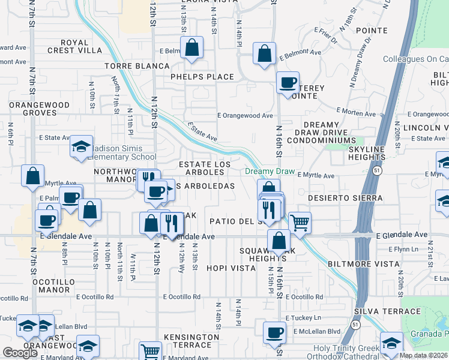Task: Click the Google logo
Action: (20, 353)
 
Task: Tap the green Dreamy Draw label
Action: (270, 172)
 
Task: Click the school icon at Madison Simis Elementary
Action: (80, 147)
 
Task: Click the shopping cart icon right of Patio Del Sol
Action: (300, 223)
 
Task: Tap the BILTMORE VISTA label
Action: (363, 264)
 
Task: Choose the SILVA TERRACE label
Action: (387, 311)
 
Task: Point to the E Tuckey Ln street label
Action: (303, 317)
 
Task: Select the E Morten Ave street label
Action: (356, 111)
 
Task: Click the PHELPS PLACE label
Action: (202, 77)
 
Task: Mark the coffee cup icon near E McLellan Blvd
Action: (275, 332)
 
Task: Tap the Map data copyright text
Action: (423, 355)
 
